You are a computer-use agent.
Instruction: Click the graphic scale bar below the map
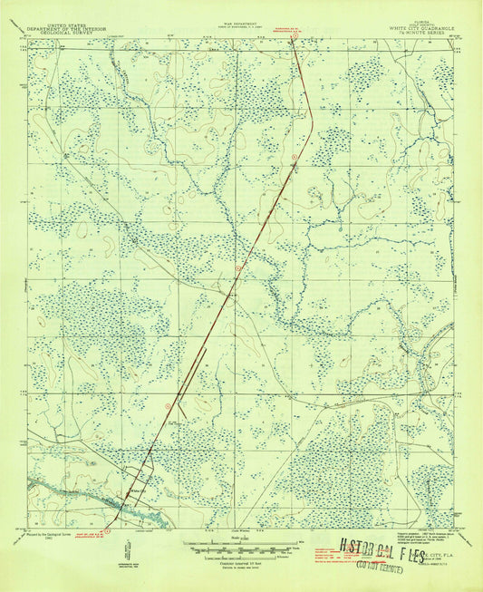click(x=241, y=546)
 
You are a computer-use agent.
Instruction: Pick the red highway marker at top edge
click(x=295, y=35)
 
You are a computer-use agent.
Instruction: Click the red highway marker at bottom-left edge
click(x=108, y=520)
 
